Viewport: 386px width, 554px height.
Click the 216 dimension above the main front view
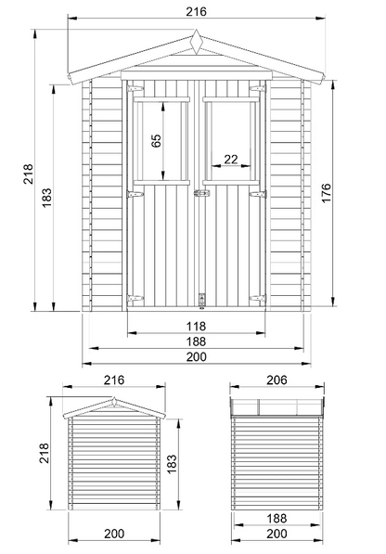click(x=196, y=12)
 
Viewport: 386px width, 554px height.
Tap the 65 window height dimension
click(x=156, y=140)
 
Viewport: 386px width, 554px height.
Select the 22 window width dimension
click(x=231, y=160)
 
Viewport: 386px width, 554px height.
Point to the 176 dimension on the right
click(x=327, y=193)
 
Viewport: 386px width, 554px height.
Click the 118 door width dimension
click(x=196, y=326)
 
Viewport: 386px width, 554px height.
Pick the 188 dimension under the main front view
click(x=196, y=341)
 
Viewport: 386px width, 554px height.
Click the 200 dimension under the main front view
click(x=196, y=357)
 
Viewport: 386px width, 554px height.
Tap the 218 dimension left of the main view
click(x=28, y=174)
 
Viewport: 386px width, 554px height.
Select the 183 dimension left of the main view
click(x=46, y=198)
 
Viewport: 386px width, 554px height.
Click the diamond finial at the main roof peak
click(x=196, y=42)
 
